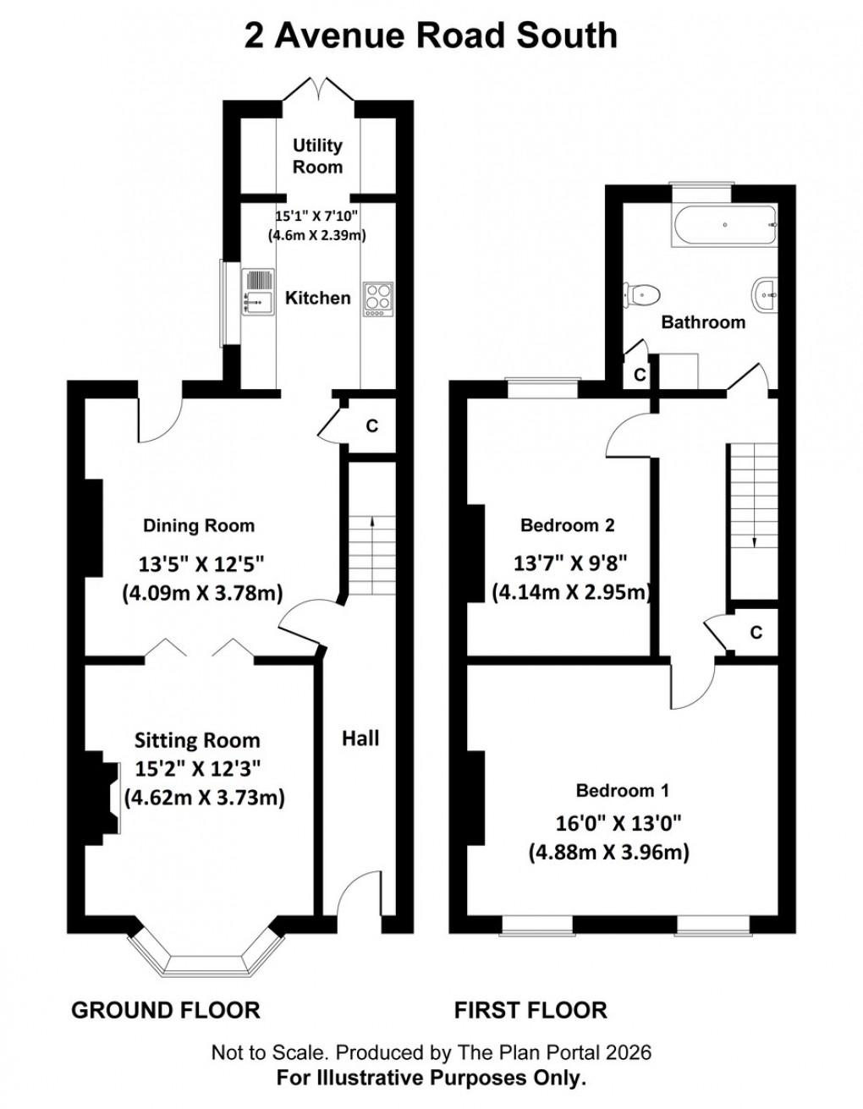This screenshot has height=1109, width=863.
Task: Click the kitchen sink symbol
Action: [258, 291]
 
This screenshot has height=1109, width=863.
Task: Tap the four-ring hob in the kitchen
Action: [377, 299]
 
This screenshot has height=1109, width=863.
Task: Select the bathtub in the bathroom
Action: [724, 226]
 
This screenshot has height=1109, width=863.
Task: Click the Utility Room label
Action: [318, 156]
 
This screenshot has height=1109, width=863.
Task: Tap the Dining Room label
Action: [199, 525]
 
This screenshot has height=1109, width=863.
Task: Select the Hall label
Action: [360, 738]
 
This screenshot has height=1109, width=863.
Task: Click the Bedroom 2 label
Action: [567, 525]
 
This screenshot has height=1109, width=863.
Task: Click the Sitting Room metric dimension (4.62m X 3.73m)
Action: [204, 797]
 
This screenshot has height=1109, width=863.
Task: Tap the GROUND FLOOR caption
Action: [166, 1009]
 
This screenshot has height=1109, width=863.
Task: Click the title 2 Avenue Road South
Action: [431, 36]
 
